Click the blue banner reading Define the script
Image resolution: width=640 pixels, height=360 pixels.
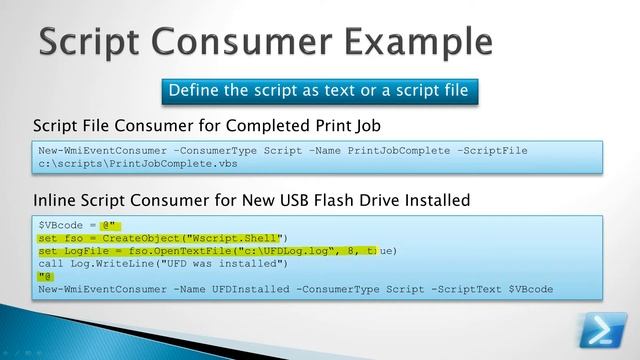click(317, 91)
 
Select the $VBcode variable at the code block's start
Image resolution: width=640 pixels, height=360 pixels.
click(59, 227)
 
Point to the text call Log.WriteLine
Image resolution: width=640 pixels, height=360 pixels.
click(96, 264)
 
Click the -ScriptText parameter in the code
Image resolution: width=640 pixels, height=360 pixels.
click(464, 290)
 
